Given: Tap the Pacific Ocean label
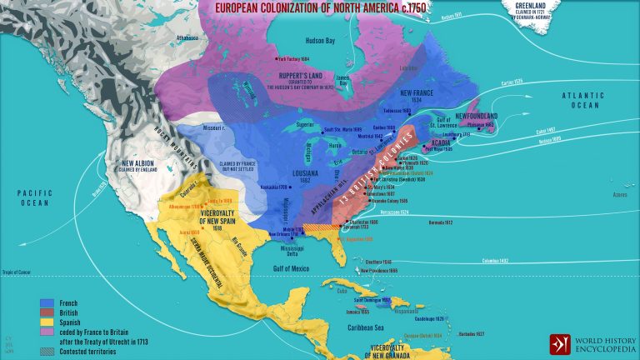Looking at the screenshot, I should [29, 196].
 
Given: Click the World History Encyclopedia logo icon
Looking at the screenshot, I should [560, 344].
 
